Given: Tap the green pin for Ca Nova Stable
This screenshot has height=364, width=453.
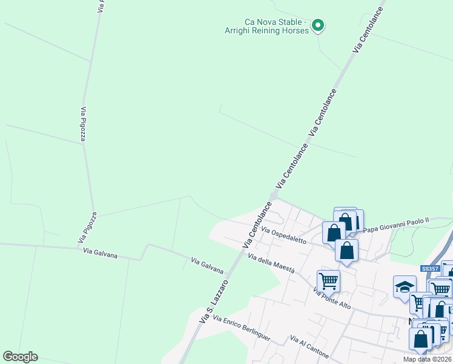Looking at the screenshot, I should (318, 25).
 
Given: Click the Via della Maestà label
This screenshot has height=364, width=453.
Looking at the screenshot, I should (271, 264).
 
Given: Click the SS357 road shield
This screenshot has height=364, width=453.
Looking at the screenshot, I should (429, 269).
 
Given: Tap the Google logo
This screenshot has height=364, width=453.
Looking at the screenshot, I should (20, 357).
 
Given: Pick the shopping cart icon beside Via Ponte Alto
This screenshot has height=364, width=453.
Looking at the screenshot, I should (328, 280).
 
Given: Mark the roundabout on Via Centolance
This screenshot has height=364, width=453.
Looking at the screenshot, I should (274, 196).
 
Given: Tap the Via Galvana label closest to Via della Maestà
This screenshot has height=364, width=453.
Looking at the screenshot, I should (207, 266).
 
